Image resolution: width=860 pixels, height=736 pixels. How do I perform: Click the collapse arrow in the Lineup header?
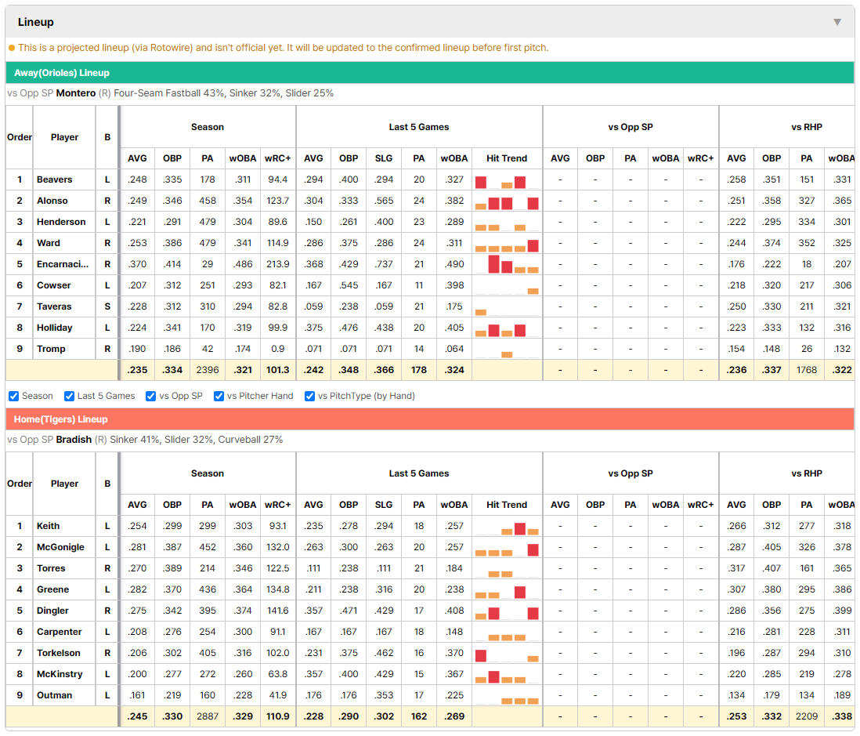(837, 22)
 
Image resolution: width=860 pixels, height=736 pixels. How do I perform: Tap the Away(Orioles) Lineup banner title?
(61, 73)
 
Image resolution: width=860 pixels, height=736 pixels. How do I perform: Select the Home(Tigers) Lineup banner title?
(60, 419)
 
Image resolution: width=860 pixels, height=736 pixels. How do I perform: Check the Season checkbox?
(14, 397)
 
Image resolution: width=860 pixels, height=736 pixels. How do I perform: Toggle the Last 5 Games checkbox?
(69, 397)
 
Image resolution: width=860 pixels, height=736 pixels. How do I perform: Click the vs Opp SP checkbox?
(151, 397)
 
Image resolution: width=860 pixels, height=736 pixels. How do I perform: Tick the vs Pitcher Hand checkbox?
(219, 397)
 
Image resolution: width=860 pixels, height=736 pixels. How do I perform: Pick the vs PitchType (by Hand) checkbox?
(310, 397)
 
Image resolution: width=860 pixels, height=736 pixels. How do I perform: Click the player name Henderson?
(61, 222)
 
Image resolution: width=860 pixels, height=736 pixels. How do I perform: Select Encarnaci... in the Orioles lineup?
(63, 264)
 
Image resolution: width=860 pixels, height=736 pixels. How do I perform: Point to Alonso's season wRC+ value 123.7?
(277, 201)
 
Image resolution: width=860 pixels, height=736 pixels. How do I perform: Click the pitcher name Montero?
(76, 93)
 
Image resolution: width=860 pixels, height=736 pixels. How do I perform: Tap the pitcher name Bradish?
(74, 440)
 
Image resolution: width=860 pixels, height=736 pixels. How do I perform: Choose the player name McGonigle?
(60, 547)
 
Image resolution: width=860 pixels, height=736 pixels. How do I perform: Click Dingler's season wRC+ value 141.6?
(277, 611)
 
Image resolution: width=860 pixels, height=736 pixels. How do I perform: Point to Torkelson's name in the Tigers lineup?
(59, 653)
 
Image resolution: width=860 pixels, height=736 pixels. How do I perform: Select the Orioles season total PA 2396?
(208, 370)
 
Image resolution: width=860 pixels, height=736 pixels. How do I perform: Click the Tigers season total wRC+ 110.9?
(277, 716)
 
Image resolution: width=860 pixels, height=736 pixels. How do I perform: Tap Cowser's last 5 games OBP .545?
(349, 285)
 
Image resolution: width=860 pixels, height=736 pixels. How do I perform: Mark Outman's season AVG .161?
(137, 695)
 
